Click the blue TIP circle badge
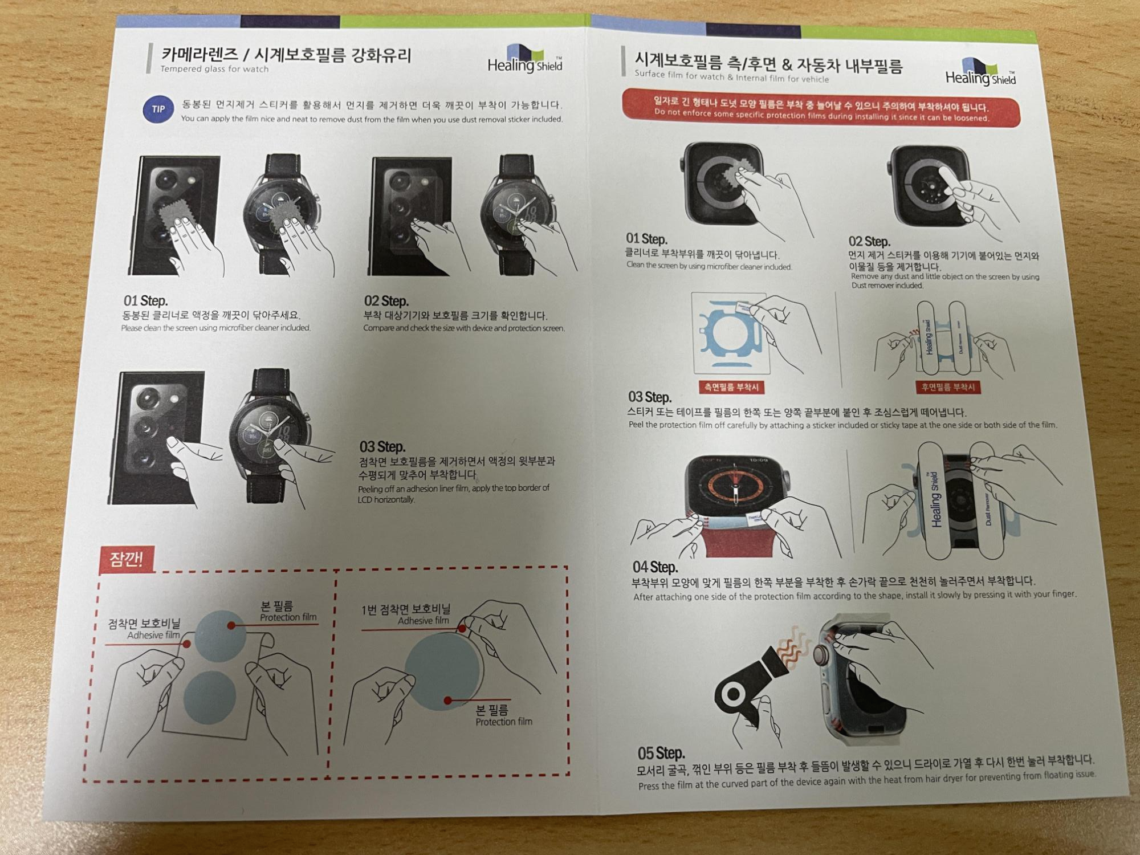(x=158, y=109)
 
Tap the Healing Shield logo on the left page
(x=525, y=59)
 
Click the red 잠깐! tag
(x=127, y=559)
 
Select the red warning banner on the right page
(x=821, y=108)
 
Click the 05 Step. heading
(x=661, y=753)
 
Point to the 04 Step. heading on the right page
(x=655, y=567)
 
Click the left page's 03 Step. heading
(x=382, y=446)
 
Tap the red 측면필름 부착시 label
(x=731, y=388)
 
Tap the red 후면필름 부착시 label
(x=948, y=388)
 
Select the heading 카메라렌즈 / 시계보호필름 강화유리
(x=286, y=55)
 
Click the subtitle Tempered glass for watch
(x=214, y=69)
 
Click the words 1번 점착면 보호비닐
(x=406, y=609)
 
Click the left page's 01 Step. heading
(x=145, y=300)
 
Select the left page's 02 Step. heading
(x=386, y=301)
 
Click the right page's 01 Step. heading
(x=646, y=239)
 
